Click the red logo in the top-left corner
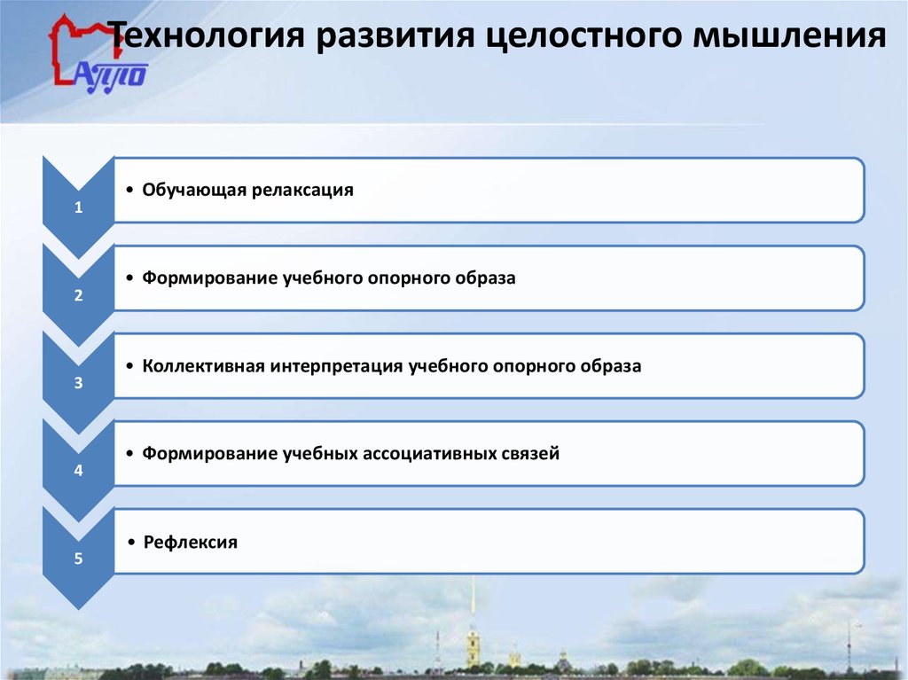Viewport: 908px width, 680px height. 92,54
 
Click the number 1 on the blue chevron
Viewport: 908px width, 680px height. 78,209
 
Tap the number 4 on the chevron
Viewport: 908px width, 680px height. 78,472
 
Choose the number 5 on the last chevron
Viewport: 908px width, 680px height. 78,559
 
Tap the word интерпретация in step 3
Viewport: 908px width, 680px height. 339,365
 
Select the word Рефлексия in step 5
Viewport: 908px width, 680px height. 190,542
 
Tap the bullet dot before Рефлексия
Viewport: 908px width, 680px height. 130,542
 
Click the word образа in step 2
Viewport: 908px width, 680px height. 486,277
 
